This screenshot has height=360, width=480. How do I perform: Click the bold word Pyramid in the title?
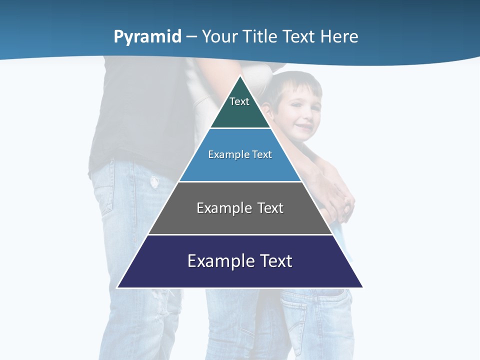coord(147,37)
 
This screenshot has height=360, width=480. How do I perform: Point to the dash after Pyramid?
coord(191,37)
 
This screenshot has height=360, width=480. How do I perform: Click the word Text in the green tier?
coord(239,101)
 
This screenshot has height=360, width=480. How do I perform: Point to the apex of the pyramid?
coord(240,76)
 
